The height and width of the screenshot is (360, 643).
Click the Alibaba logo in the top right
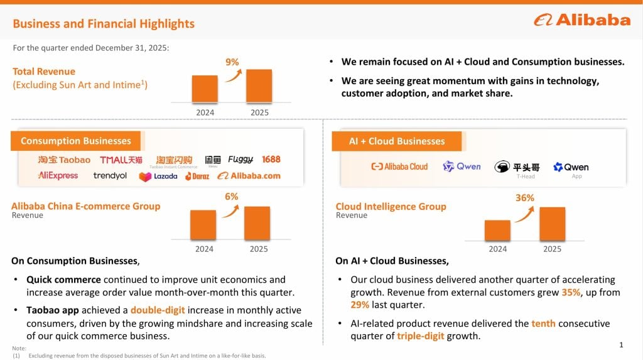582,20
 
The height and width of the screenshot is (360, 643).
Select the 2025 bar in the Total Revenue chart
259,85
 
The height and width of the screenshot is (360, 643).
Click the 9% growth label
232,62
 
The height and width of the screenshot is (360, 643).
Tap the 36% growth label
524,198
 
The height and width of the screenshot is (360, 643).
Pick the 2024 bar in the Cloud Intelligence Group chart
497,230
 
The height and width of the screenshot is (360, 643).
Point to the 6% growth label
232,197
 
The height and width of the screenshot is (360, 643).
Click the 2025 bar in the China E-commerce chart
257,222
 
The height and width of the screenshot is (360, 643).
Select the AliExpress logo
58,176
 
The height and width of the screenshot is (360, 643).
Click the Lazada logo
158,177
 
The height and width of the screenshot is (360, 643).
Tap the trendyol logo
110,176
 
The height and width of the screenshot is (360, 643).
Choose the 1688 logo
271,160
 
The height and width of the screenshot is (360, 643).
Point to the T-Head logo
517,168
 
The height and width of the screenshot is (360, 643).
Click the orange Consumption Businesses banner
75,141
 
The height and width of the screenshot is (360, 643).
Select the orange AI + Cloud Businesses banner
396,141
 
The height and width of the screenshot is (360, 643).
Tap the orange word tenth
543,324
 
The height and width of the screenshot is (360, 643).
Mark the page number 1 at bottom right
621,345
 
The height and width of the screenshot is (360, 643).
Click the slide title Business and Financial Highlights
104,24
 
